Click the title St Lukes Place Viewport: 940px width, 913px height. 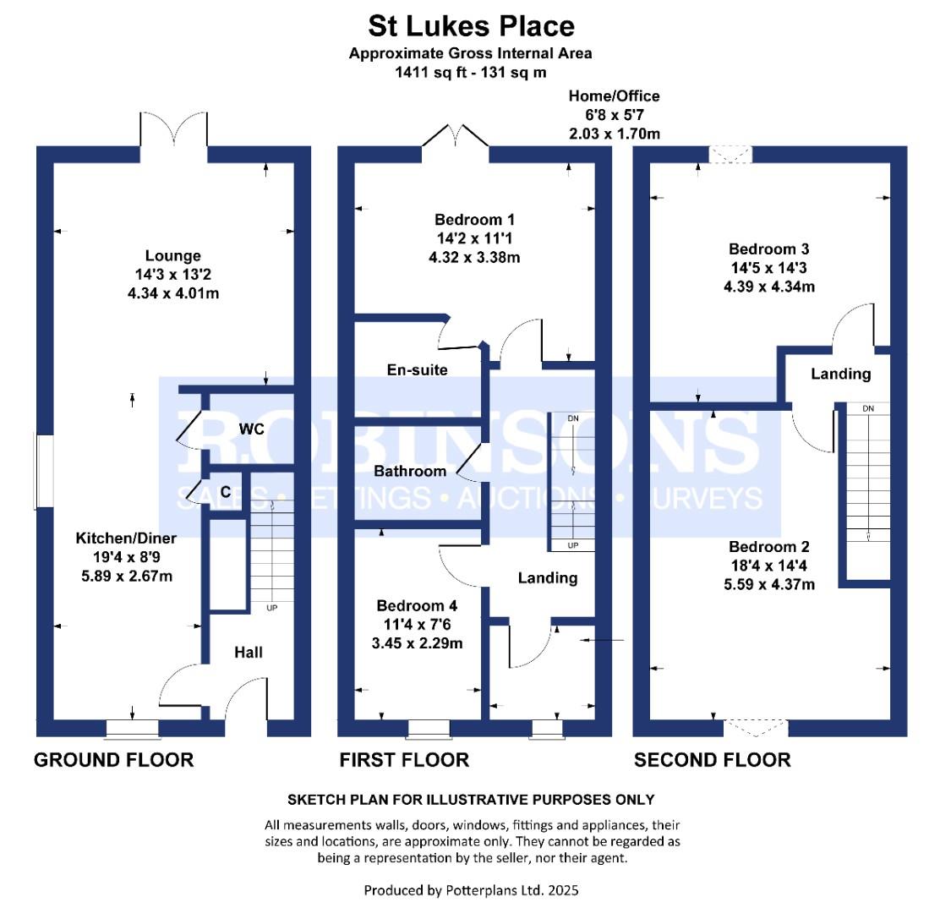pos(471,25)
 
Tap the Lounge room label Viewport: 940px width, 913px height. pos(173,255)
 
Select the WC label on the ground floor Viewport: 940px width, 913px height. pos(251,429)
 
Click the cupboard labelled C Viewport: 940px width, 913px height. pos(226,491)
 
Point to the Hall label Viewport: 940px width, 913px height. pos(249,652)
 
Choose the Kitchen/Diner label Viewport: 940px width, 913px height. pos(126,539)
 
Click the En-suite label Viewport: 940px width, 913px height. pos(417,369)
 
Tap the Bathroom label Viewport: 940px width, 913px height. pos(410,471)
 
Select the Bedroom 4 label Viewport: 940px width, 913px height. pos(417,605)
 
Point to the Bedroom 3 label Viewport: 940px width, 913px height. pos(769,249)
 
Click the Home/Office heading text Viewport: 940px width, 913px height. pos(614,96)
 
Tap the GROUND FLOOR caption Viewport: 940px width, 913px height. pos(113,760)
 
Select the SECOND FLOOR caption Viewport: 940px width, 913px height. pos(713,760)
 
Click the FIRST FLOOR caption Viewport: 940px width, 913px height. pos(404,760)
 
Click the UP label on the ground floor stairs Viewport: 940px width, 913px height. pos(272,607)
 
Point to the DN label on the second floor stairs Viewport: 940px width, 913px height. pos(868,409)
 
